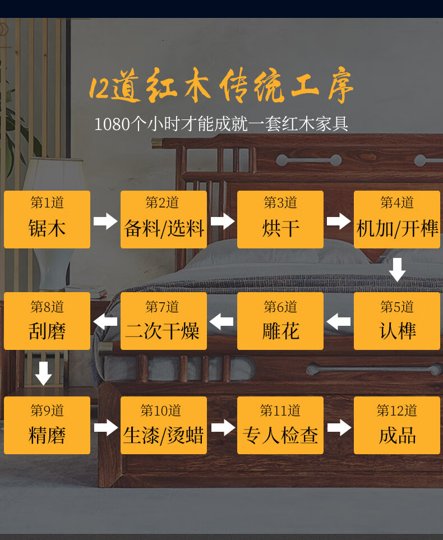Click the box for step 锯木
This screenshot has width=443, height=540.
(x=47, y=219)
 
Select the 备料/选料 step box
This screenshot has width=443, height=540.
(x=164, y=219)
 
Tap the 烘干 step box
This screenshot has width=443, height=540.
(x=280, y=219)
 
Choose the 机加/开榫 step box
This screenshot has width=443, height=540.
(x=397, y=219)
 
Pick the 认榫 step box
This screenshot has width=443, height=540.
(x=397, y=321)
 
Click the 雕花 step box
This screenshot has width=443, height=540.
(x=280, y=321)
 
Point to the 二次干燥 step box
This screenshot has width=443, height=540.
(x=164, y=321)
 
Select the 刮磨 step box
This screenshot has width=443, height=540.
(x=47, y=321)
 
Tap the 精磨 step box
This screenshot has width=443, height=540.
(x=47, y=425)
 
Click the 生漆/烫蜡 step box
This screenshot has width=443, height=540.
(x=164, y=425)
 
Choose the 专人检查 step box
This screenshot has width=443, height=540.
(x=280, y=425)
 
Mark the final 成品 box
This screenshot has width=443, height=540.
(x=397, y=425)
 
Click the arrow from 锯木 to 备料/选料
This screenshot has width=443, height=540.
(x=105, y=221)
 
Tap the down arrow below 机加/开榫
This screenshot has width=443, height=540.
(x=397, y=270)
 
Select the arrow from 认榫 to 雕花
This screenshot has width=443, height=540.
(x=339, y=322)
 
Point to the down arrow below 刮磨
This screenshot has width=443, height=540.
(x=44, y=373)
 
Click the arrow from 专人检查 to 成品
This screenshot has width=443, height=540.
(x=339, y=427)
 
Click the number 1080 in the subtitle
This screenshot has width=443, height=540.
(x=112, y=124)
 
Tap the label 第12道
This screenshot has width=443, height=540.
(x=397, y=411)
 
